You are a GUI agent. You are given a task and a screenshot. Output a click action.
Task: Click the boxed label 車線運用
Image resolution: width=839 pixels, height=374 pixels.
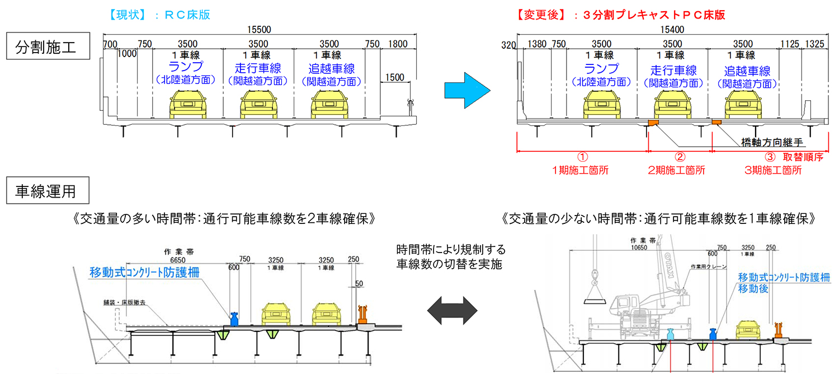point(48,191)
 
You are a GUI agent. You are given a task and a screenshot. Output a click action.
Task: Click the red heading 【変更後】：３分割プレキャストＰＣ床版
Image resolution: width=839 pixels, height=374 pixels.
point(621,15)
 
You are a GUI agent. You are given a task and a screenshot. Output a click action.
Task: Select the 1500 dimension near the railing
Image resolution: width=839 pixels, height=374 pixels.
point(394,77)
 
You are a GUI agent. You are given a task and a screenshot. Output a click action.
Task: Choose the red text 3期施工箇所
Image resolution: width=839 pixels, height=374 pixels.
point(772,170)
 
